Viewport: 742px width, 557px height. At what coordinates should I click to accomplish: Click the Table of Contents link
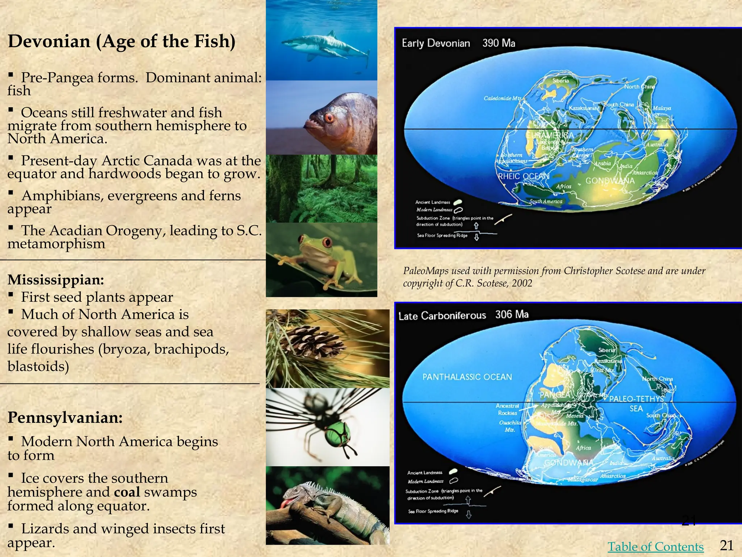coord(655,546)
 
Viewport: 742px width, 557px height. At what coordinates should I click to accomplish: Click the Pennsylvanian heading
coord(65,417)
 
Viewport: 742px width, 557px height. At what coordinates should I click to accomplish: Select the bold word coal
coord(127,492)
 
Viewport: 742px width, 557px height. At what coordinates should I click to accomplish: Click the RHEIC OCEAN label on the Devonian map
coord(524,176)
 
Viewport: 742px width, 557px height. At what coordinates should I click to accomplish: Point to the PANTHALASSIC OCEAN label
coord(467,377)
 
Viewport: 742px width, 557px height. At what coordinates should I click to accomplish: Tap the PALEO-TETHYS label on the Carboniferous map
coord(637,399)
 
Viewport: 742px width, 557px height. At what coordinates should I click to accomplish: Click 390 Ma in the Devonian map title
coord(499,43)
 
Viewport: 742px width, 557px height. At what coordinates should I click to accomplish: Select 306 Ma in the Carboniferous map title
coord(512,314)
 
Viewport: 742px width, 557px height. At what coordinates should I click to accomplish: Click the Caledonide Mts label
coord(503,98)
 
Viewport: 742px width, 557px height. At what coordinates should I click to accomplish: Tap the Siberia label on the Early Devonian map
coord(560,81)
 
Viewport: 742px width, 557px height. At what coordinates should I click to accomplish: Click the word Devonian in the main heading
coord(49,41)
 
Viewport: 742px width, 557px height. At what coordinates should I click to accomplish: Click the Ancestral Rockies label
coord(507,409)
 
